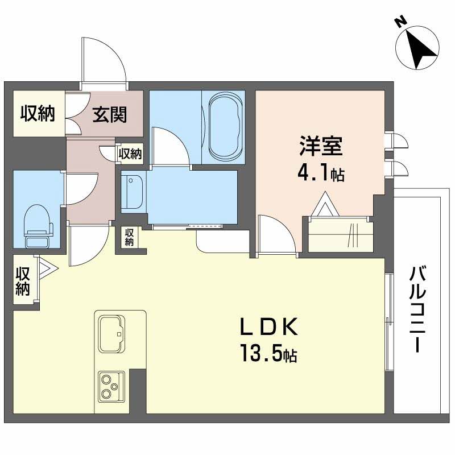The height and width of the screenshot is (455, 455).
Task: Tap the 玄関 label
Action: point(110,115)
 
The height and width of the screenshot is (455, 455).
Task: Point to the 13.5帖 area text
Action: point(267,355)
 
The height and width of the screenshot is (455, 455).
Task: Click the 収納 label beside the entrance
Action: point(38,114)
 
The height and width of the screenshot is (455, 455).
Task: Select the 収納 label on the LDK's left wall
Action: point(23,281)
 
